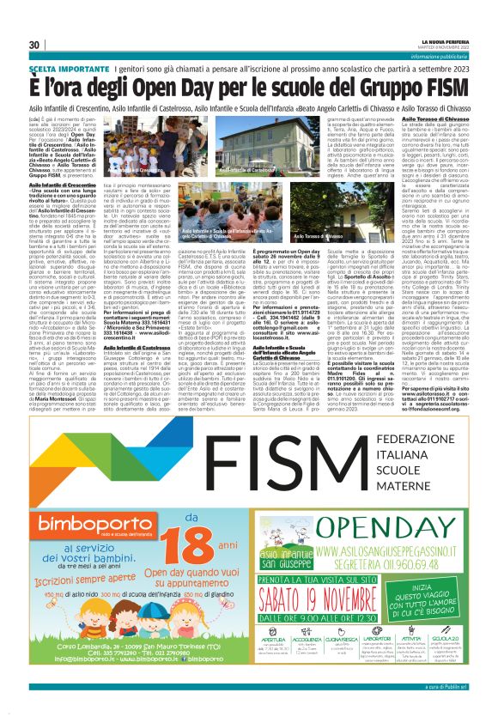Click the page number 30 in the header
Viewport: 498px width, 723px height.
[x=34, y=45]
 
